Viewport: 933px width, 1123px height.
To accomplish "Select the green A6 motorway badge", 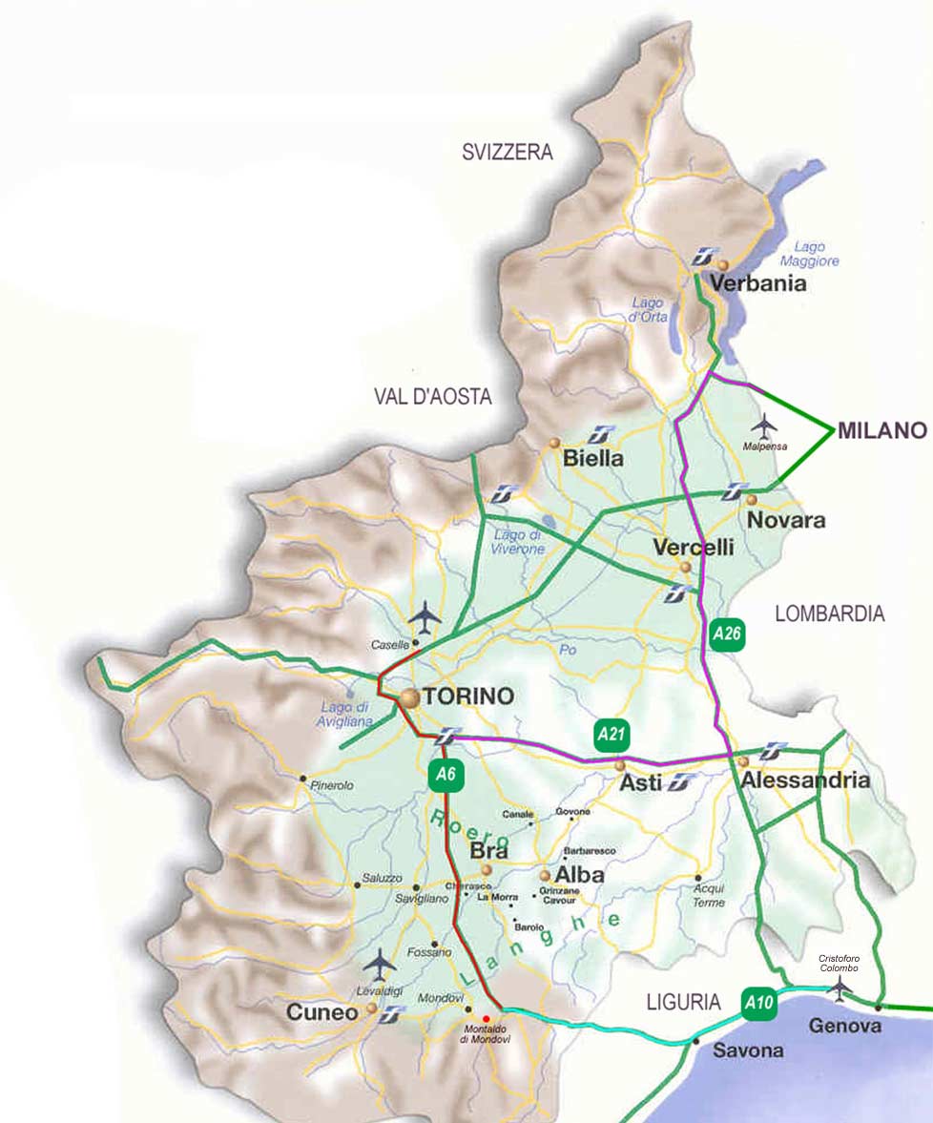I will [446, 776].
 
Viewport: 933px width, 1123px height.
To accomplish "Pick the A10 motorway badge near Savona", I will [758, 1003].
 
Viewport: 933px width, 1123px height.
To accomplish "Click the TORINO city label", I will [466, 697].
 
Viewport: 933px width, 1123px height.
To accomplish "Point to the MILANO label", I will [882, 430].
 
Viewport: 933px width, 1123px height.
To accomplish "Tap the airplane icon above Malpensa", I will [763, 423].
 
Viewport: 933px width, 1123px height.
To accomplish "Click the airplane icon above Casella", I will [425, 617].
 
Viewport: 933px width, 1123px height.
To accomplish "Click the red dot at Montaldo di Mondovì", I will [486, 1019].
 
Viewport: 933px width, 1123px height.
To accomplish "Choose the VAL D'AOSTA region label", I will [432, 397].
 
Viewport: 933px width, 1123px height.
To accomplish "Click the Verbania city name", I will [757, 283].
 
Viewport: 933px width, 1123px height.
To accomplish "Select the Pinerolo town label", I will [332, 785].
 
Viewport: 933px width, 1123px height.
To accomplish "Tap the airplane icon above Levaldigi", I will [380, 965].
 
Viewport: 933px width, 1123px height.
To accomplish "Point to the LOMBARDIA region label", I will [829, 614].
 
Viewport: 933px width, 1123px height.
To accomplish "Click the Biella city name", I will [592, 459].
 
